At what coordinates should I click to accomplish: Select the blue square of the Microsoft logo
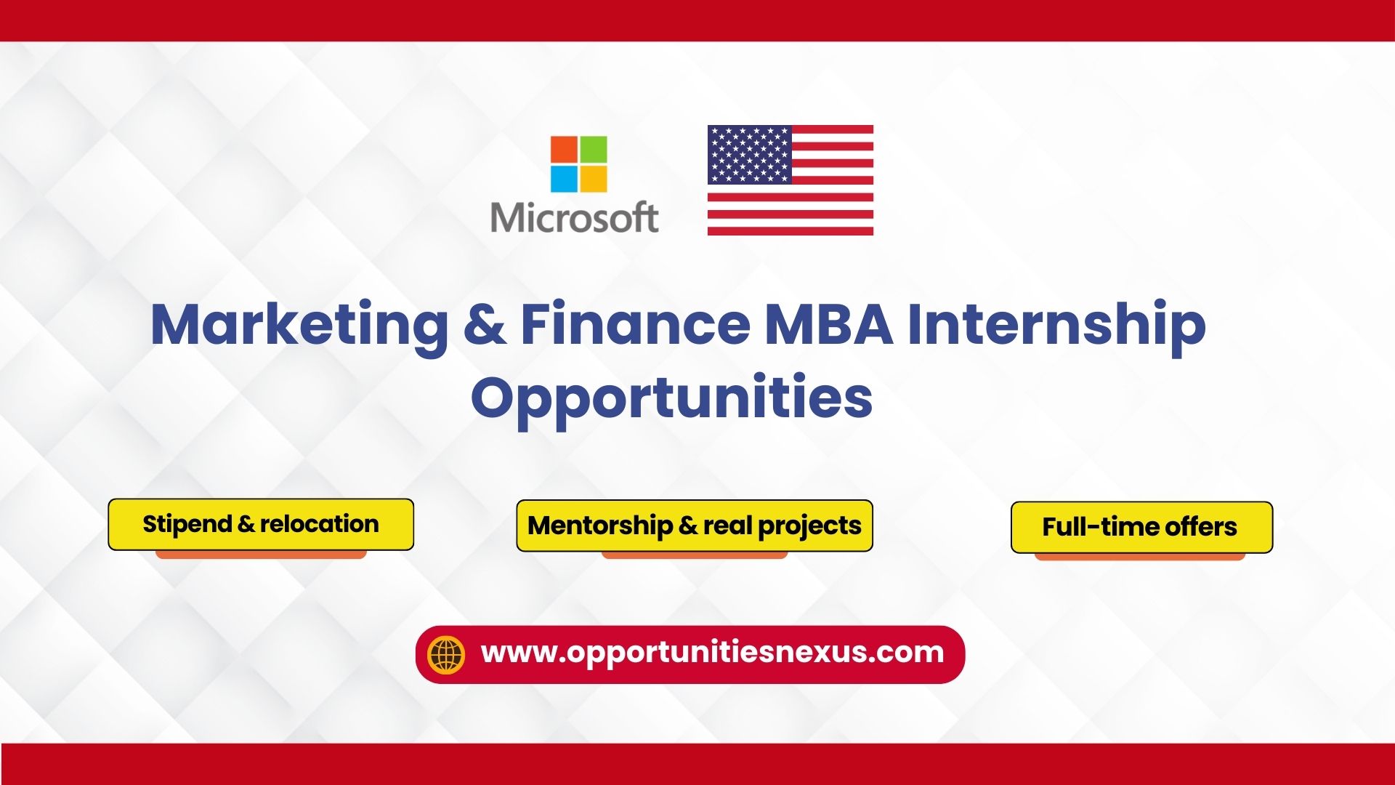tap(563, 179)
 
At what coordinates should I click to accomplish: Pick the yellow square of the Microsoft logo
tap(594, 179)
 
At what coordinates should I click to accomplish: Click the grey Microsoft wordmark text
tap(575, 217)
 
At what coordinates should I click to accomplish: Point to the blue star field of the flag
tap(749, 154)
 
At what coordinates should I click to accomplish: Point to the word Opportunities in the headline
tap(672, 399)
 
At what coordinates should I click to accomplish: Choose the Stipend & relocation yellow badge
tap(261, 524)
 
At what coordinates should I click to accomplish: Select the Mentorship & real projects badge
tap(695, 526)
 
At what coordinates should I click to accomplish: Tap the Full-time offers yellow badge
tap(1141, 527)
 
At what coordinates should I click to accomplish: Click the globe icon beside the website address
tap(446, 654)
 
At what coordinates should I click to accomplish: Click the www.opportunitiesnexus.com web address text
tap(712, 652)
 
